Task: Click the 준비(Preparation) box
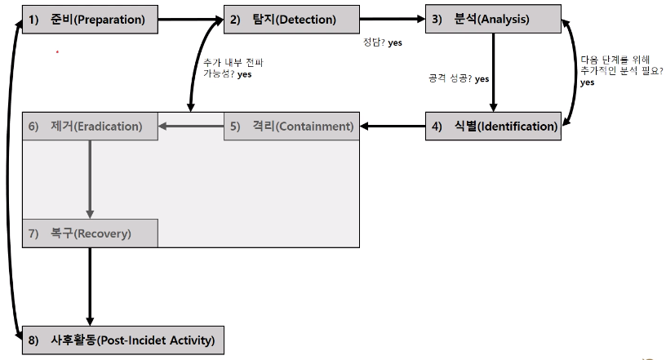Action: pyautogui.click(x=90, y=20)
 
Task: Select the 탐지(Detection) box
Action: pyautogui.click(x=291, y=20)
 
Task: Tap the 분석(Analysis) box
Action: pyautogui.click(x=493, y=20)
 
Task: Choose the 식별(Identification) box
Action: pyautogui.click(x=493, y=127)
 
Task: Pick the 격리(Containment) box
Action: pyautogui.click(x=291, y=127)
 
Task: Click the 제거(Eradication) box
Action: pyautogui.click(x=90, y=127)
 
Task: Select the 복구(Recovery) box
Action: pyautogui.click(x=90, y=233)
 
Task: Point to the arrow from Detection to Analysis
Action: pyautogui.click(x=392, y=16)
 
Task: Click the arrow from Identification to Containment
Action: pyautogui.click(x=392, y=127)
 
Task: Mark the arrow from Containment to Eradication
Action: pyautogui.click(x=190, y=127)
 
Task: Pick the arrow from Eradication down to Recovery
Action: pyautogui.click(x=90, y=180)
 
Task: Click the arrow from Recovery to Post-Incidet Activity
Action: pyautogui.click(x=90, y=286)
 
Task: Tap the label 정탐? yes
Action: pyautogui.click(x=383, y=42)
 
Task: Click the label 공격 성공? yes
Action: pyautogui.click(x=458, y=78)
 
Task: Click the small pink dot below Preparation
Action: pyautogui.click(x=57, y=52)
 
